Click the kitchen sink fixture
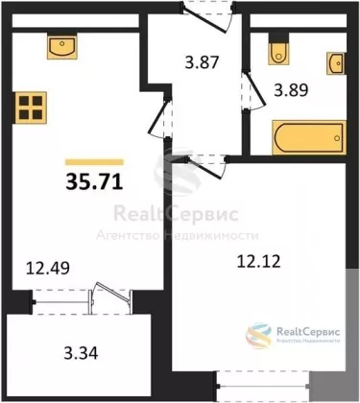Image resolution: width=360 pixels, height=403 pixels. [x=62, y=46]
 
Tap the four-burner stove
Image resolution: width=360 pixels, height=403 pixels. [x=30, y=107]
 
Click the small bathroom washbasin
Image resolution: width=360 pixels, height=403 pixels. [x=336, y=63]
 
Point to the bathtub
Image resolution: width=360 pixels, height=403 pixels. [x=309, y=138]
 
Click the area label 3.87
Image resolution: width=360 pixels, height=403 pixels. [x=202, y=61]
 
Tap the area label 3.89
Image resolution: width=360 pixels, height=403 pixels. [x=291, y=90]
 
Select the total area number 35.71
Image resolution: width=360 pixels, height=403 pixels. [x=94, y=182]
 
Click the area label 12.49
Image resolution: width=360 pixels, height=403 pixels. [x=48, y=268]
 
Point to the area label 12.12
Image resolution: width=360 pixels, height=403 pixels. [x=259, y=261]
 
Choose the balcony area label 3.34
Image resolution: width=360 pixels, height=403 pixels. [x=81, y=353]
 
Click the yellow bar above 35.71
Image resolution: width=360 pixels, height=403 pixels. [x=94, y=162]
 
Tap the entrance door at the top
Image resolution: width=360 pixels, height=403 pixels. [x=208, y=16]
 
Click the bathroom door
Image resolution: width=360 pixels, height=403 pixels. [x=253, y=91]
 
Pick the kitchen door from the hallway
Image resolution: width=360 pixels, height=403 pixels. [x=160, y=118]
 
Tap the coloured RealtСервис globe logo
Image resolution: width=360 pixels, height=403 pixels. [x=258, y=336]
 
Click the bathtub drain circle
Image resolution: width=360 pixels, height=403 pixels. [x=337, y=138]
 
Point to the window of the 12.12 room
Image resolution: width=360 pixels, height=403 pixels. [x=263, y=386]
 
